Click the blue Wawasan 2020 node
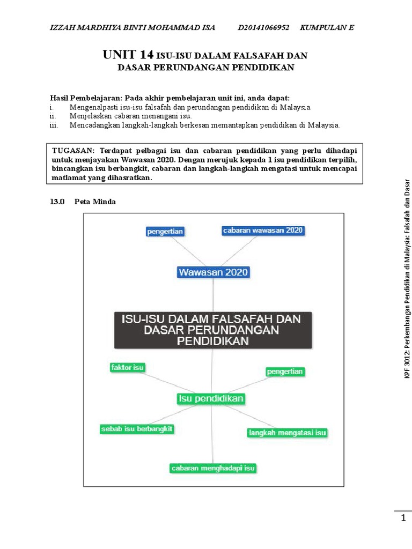pyautogui.click(x=213, y=272)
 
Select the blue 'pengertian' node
pyautogui.click(x=165, y=232)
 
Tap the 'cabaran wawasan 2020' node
pyautogui.click(x=263, y=231)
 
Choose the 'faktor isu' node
pyautogui.click(x=127, y=368)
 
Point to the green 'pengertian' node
pyautogui.click(x=285, y=371)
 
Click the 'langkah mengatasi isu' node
pyautogui.click(x=288, y=432)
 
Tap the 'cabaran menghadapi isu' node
pyautogui.click(x=212, y=468)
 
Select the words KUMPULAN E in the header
pyautogui.click(x=327, y=28)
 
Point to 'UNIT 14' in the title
pyautogui.click(x=128, y=55)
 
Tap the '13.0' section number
pyautogui.click(x=57, y=202)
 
